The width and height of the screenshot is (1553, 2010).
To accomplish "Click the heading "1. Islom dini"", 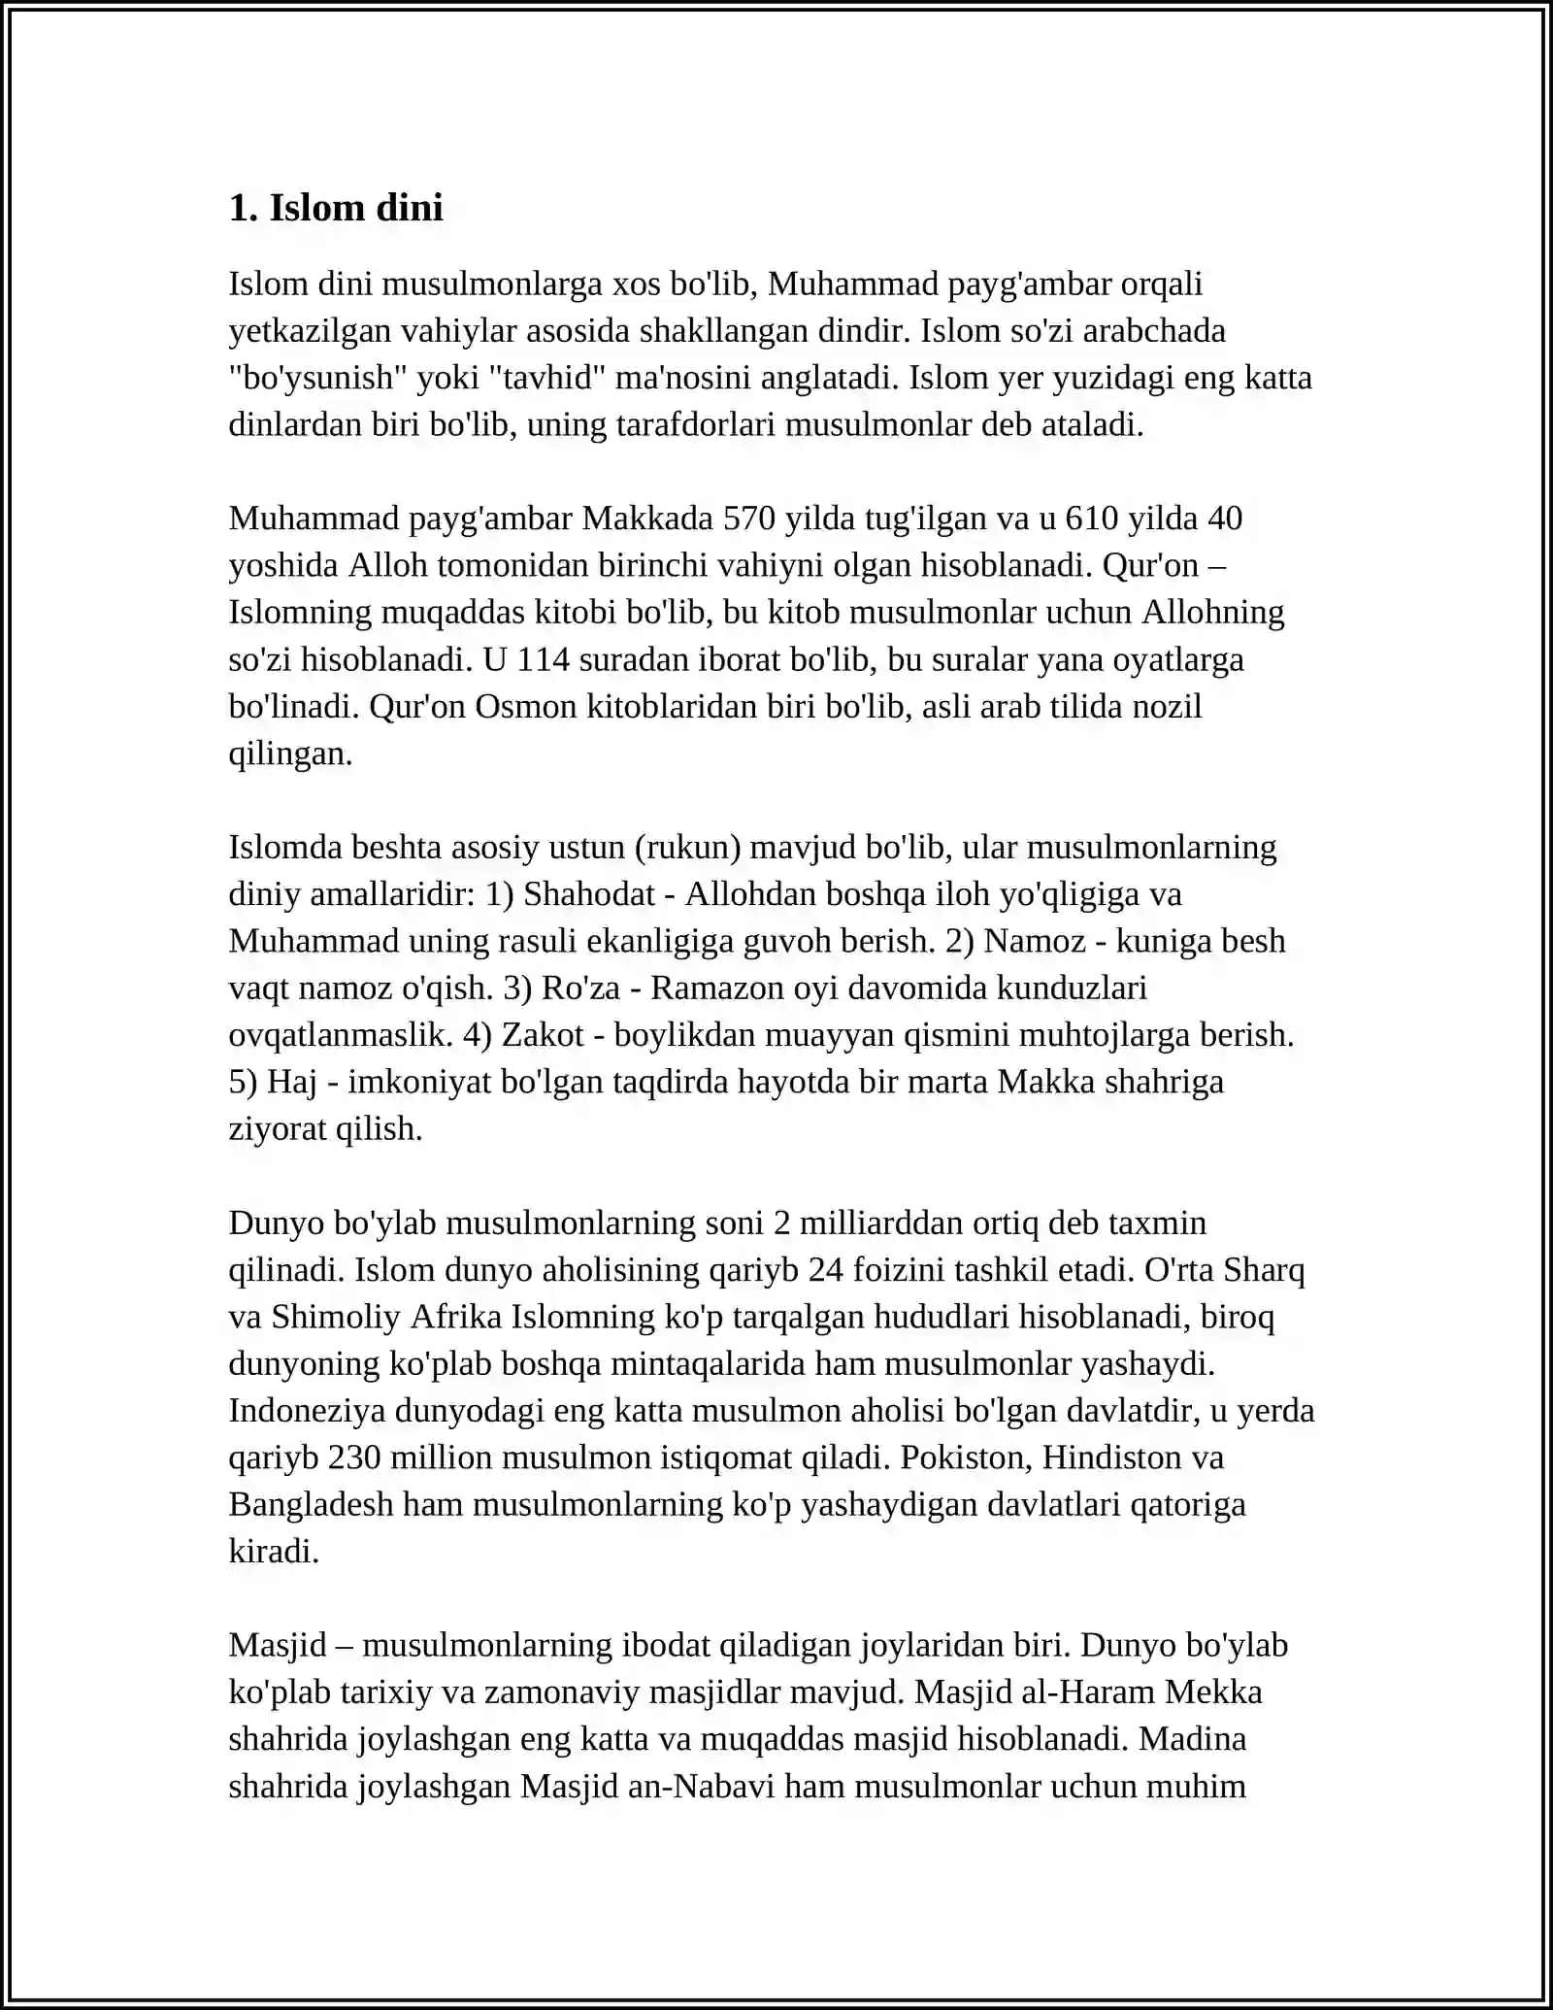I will click(x=336, y=208).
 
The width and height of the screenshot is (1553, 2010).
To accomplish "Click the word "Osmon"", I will click(x=526, y=706).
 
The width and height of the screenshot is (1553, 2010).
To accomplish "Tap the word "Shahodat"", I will click(x=589, y=893).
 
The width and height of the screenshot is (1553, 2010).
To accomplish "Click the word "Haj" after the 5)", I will click(x=292, y=1081).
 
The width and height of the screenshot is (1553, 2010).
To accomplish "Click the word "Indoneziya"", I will click(x=307, y=1410).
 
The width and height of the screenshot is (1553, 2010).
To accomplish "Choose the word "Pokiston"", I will click(x=965, y=1457).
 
